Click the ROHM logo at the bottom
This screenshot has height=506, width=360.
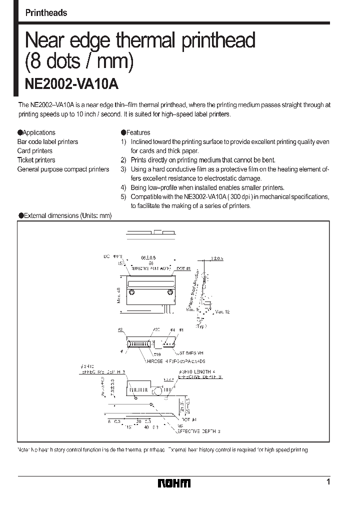click(174, 483)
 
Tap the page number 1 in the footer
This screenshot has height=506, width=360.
click(327, 482)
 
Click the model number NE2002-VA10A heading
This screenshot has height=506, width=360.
click(71, 84)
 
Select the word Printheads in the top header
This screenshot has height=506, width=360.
click(46, 13)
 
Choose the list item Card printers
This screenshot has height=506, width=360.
click(34, 151)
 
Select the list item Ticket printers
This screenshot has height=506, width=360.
click(36, 160)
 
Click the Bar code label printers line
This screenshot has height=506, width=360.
click(47, 142)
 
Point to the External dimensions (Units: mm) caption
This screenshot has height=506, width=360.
click(65, 215)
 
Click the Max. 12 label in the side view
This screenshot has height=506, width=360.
click(222, 311)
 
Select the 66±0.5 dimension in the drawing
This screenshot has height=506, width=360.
click(148, 257)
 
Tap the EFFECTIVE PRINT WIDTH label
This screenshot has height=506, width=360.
click(149, 269)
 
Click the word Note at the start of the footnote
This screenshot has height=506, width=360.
click(24, 450)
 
